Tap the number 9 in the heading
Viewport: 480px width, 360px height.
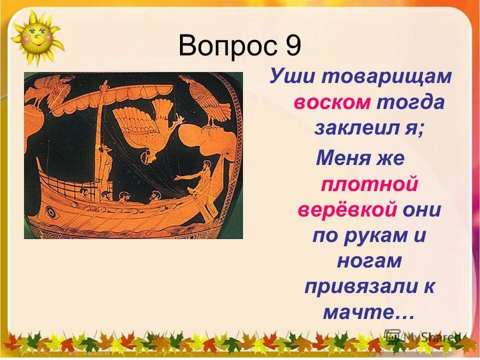[293, 47]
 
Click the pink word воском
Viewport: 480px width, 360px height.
[332, 102]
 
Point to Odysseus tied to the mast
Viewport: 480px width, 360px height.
[104, 165]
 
